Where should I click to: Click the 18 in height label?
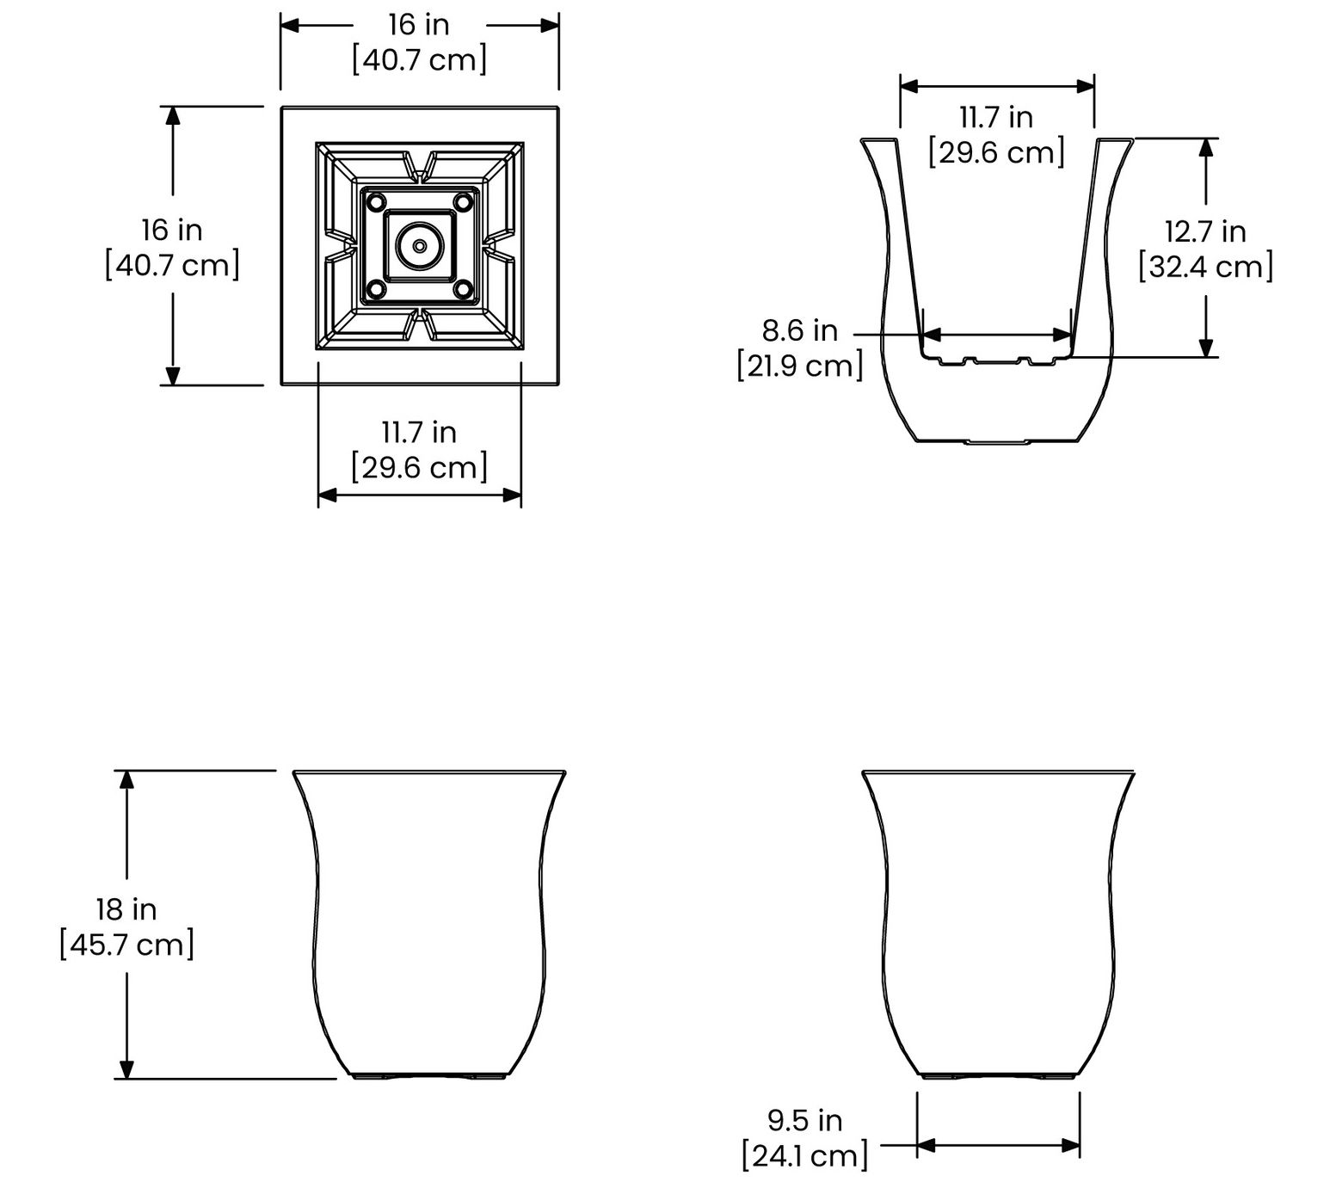pos(126,908)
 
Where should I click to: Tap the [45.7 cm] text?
pos(127,945)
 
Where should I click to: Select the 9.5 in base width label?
pos(805,1120)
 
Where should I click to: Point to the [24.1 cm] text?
pos(805,1155)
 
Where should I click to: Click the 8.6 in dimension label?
pos(800,329)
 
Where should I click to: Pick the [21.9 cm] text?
pos(800,366)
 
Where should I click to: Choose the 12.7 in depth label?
pos(1205,231)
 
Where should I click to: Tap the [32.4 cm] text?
pos(1205,267)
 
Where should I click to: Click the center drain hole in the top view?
pos(419,246)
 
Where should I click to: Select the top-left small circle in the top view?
pos(376,203)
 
